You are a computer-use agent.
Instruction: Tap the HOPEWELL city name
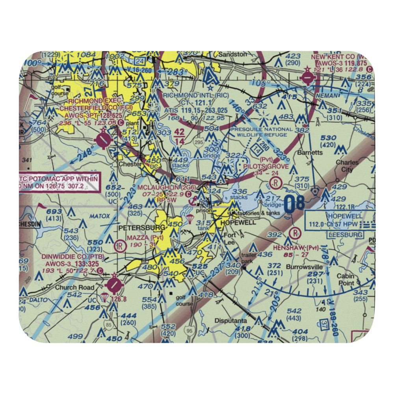pos(239,222)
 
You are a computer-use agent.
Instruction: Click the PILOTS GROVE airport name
pos(266,166)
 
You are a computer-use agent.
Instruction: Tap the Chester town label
pos(130,164)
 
